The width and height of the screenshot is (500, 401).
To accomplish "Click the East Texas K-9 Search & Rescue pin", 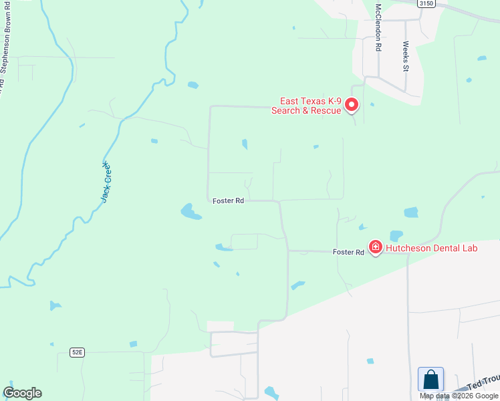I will point(352,105).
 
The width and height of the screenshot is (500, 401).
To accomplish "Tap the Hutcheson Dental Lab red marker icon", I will point(376,248).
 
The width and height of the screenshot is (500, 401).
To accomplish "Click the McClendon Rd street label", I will point(378,27).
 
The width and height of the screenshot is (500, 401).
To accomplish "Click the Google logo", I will point(22,393).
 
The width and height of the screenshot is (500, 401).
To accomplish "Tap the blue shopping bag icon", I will point(431,380).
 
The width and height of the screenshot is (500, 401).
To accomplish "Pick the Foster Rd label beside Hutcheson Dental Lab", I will point(349,252).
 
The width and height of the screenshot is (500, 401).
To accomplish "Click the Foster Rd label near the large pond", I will point(228,200).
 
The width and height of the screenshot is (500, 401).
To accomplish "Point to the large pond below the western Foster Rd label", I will point(191,213).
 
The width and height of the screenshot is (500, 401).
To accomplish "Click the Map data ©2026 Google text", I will point(459,396).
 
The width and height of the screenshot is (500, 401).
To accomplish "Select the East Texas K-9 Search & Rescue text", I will point(307,106).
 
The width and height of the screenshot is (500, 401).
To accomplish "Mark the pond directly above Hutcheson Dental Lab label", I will point(396,235).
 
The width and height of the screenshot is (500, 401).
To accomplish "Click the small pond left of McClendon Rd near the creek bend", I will point(193,85).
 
